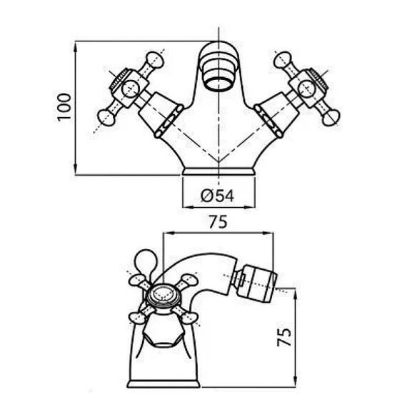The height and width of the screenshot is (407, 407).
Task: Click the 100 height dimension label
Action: (64, 107)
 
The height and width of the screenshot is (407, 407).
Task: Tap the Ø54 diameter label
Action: (218, 196)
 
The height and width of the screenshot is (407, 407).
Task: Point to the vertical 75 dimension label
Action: (284, 337)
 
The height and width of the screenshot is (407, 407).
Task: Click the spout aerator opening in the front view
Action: (218, 84)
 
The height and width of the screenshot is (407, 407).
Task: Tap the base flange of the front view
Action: (218, 171)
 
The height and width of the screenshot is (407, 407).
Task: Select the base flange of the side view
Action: (164, 383)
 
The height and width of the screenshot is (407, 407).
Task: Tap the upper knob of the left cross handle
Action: (155, 60)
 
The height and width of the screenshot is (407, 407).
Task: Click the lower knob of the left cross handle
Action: (106, 118)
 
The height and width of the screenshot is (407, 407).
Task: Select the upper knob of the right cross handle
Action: (283, 59)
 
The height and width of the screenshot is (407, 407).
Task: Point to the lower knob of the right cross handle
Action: (331, 118)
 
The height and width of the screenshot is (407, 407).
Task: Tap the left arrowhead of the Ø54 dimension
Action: (188, 207)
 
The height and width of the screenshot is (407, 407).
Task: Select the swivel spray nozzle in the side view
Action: (255, 283)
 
